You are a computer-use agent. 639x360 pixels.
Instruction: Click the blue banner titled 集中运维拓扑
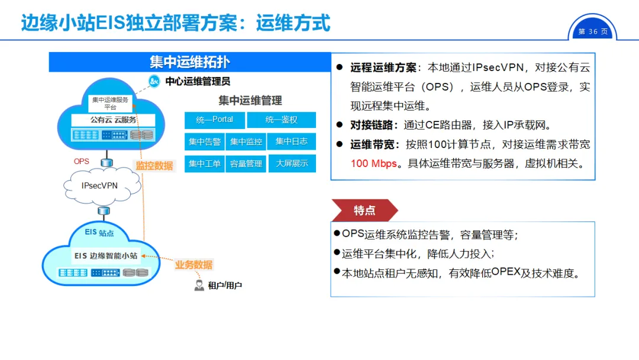(x=189, y=62)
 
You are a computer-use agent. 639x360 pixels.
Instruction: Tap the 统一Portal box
(x=214, y=120)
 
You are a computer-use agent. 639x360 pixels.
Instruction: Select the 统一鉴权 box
(x=281, y=120)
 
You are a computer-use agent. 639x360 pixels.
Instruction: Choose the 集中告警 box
(x=205, y=142)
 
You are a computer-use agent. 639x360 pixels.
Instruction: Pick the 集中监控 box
(x=246, y=142)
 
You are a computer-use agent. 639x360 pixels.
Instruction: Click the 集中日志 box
(x=291, y=142)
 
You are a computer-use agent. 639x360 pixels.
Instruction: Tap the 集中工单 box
(x=205, y=163)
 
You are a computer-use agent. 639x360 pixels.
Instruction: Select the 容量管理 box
(x=246, y=163)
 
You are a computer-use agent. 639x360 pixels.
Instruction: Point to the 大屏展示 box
(x=292, y=163)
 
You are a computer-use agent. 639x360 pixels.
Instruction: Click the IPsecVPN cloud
(x=100, y=185)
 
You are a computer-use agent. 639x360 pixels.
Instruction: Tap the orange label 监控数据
(x=154, y=166)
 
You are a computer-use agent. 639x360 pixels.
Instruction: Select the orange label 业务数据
(x=193, y=265)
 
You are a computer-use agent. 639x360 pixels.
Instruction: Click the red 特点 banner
(x=364, y=210)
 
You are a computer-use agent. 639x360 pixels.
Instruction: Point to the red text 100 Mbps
(x=374, y=163)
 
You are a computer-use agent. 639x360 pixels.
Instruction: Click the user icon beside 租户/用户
(x=199, y=285)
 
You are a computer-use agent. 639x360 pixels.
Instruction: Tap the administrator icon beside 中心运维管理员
(x=155, y=82)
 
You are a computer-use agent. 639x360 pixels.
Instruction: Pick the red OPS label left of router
(x=82, y=162)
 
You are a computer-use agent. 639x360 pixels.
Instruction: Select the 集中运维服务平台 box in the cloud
(x=110, y=104)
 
